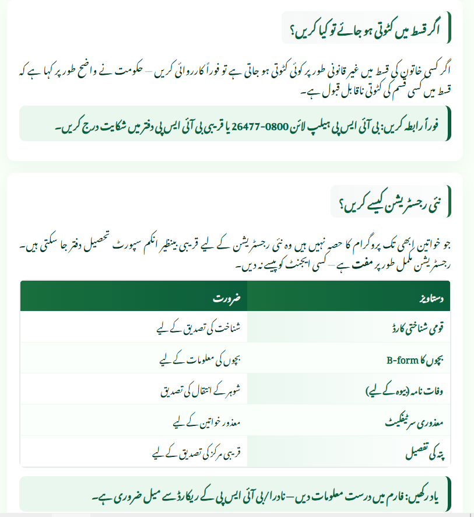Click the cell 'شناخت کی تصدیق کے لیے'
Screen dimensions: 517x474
point(200,327)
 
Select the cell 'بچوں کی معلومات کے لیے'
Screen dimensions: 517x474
point(201,358)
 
